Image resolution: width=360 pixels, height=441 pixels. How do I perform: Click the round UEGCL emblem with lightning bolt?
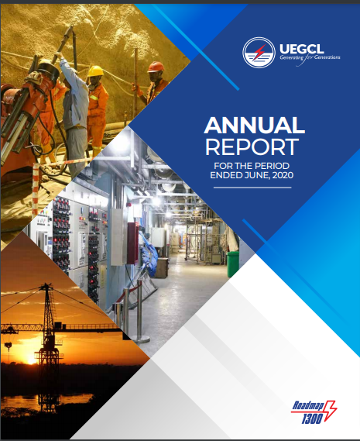point(259,53)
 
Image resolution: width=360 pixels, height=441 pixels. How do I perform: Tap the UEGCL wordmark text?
point(301,49)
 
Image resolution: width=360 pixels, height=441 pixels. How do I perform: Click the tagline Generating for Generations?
point(310,58)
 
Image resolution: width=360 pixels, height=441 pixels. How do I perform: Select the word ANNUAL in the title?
point(255,125)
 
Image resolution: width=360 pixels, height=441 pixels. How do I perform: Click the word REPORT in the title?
point(252,146)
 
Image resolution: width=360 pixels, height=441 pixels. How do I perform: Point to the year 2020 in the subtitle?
point(283,175)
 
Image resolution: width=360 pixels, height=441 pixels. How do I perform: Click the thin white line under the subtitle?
point(252,188)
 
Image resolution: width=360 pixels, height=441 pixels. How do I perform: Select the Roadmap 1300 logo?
point(314,412)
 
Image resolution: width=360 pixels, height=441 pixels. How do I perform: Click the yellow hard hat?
point(95,71)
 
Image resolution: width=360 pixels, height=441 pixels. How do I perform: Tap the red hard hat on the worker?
point(156,67)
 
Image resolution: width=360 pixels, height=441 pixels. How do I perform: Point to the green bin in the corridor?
point(233,264)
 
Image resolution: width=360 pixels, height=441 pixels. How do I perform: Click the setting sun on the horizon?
point(31,359)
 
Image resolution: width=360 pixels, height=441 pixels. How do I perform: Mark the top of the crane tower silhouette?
point(46,284)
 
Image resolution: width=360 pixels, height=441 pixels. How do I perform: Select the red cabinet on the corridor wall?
point(132,243)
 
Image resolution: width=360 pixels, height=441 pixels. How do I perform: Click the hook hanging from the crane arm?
point(9,346)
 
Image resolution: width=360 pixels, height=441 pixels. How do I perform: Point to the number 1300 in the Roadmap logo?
point(312,419)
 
